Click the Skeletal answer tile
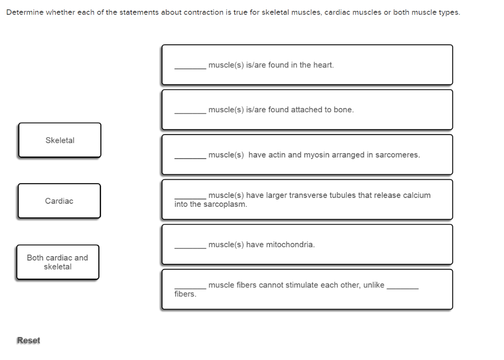coord(60,140)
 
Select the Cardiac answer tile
coord(59,201)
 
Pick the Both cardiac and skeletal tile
coord(58,262)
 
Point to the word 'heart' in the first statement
coord(323,65)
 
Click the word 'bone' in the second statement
coord(343,110)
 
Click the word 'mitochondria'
coord(290,245)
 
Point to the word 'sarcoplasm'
coord(226,204)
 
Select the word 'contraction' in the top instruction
coord(203,12)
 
